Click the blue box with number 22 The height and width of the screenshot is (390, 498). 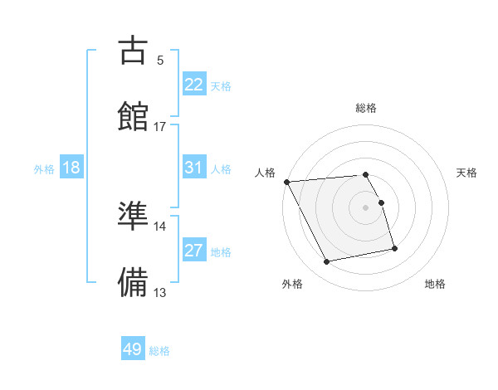click(194, 84)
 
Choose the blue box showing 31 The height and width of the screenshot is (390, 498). click(194, 168)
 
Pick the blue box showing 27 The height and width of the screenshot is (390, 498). click(194, 251)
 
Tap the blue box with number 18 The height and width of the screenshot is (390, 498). click(71, 168)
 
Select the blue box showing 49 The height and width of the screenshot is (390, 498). click(133, 349)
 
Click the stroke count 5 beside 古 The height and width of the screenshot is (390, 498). click(160, 60)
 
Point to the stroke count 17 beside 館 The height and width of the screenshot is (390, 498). click(160, 126)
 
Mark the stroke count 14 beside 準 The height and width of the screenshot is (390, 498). click(160, 226)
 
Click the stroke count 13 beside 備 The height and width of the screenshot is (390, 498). click(160, 292)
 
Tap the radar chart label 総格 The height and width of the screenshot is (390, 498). click(366, 108)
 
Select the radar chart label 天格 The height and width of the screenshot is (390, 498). click(466, 173)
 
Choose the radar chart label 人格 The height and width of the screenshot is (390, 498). click(266, 173)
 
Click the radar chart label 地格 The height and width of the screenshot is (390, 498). click(435, 285)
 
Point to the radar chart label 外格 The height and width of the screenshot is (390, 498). click(292, 285)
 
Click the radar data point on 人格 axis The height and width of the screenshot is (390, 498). click(286, 182)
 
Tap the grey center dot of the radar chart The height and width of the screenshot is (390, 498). click(366, 207)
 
